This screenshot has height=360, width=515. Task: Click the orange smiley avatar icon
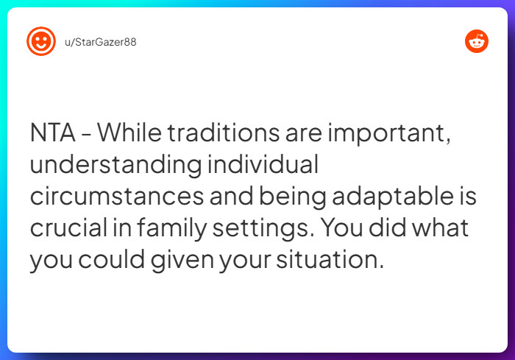41,41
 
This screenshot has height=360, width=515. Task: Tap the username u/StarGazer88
101,42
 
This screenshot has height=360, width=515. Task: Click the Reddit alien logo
477,41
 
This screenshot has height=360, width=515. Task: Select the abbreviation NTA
52,133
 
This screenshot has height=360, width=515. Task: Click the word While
129,133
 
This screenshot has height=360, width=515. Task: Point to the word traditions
224,133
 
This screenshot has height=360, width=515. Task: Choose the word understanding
116,165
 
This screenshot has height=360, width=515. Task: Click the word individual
263,163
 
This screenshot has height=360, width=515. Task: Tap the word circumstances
117,197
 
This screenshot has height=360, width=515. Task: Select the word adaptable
393,197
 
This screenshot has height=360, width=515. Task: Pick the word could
111,259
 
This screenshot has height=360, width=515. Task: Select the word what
441,227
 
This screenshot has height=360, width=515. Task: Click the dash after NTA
86,134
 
